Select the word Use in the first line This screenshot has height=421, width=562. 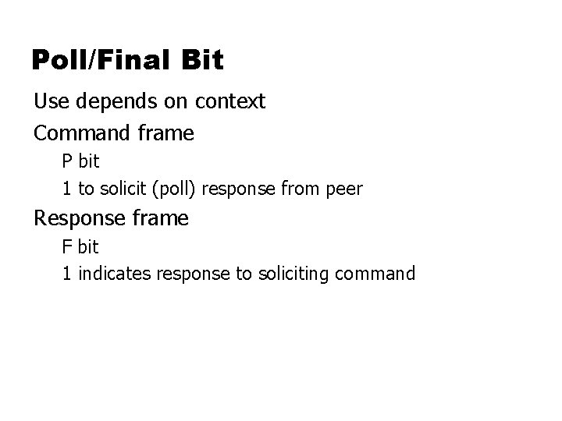point(49,101)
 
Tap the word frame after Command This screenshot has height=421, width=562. point(166,133)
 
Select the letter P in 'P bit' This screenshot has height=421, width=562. point(68,162)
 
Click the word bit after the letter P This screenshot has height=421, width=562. point(89,162)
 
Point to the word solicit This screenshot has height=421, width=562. point(124,189)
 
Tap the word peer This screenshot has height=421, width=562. point(344,189)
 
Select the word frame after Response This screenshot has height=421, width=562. point(161,218)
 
